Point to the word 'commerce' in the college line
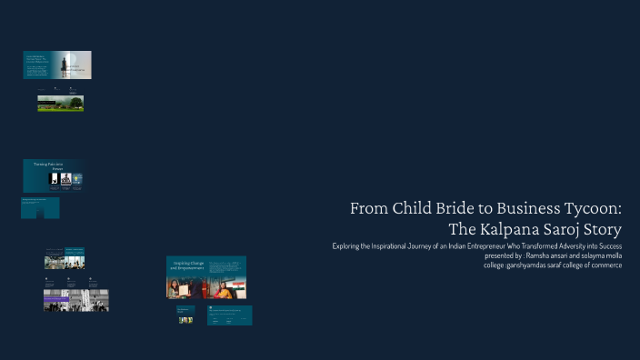point(605,265)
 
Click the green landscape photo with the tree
point(60,104)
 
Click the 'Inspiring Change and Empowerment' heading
point(186,266)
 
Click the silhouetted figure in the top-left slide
point(66,64)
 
